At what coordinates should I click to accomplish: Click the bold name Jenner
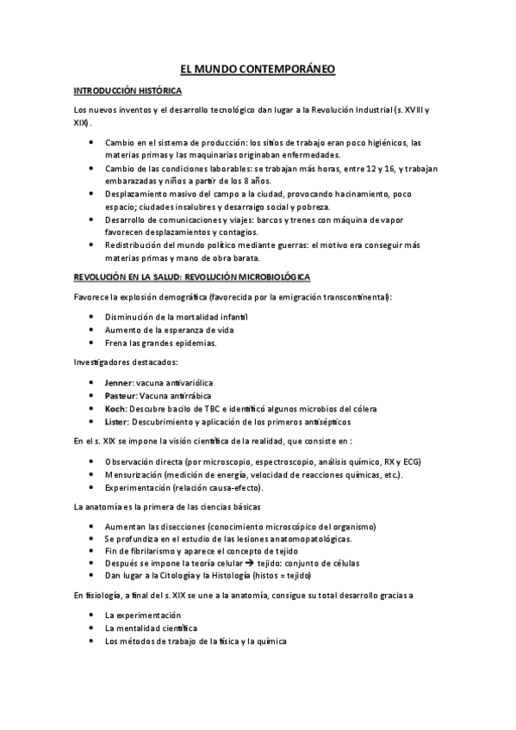coord(117,381)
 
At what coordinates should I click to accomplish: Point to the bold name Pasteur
coord(119,395)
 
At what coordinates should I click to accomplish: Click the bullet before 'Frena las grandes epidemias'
coord(92,343)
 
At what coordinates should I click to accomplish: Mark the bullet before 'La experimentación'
coord(92,616)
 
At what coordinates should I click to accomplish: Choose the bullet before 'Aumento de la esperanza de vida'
coord(92,330)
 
